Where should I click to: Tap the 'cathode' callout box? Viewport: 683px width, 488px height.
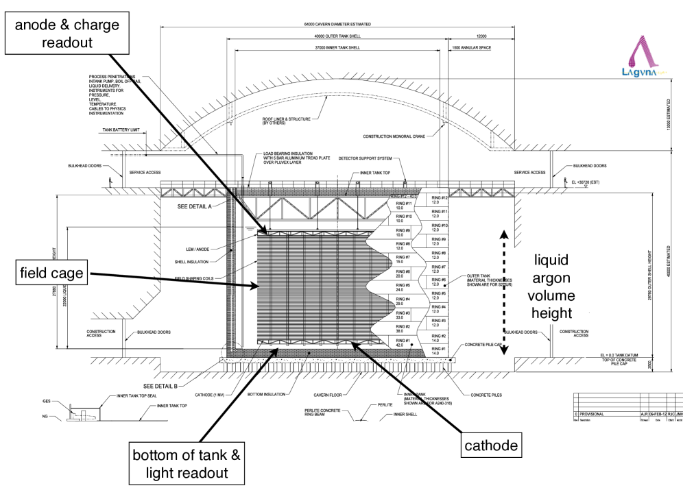click(x=491, y=446)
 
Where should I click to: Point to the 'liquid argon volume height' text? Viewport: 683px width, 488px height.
click(x=560, y=286)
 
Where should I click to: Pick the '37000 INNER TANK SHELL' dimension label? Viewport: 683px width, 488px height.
click(x=337, y=48)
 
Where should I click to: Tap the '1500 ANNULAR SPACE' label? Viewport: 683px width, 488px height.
click(x=470, y=48)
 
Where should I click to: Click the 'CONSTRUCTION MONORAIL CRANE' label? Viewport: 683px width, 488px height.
click(x=399, y=136)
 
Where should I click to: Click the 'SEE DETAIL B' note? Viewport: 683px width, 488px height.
click(x=162, y=386)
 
